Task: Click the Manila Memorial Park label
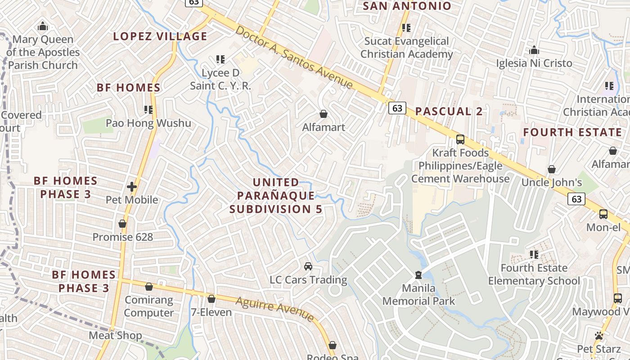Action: click(x=418, y=295)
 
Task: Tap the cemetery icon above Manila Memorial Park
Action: click(x=418, y=274)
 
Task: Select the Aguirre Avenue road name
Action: click(x=274, y=309)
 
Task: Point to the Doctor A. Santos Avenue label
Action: click(x=294, y=57)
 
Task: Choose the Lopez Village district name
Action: click(x=160, y=36)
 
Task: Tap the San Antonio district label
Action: click(x=407, y=6)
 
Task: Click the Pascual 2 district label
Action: click(x=449, y=112)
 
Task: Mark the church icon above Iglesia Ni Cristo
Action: click(x=534, y=50)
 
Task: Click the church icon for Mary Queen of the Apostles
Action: click(x=43, y=27)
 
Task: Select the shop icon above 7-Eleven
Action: click(x=211, y=299)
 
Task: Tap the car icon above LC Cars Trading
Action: click(x=308, y=266)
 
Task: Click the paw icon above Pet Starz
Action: click(x=599, y=336)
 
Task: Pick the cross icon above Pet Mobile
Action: click(x=132, y=186)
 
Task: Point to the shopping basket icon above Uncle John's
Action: click(x=552, y=170)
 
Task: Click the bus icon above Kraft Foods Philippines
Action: click(x=460, y=139)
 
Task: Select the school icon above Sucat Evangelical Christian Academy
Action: click(x=406, y=28)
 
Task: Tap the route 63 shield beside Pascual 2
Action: click(x=397, y=108)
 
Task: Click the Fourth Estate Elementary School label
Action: click(x=534, y=274)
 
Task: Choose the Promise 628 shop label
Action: click(x=123, y=237)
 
